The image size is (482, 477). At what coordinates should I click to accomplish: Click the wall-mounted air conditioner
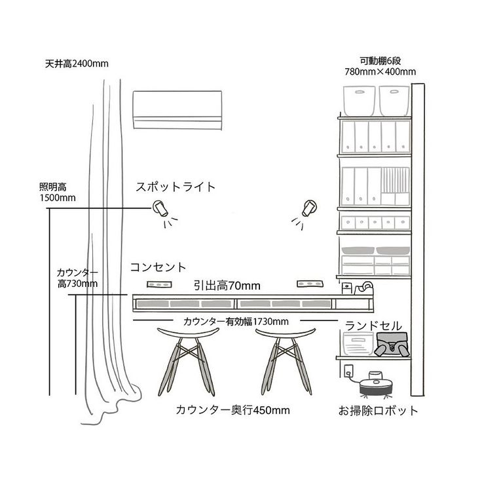(x=177, y=110)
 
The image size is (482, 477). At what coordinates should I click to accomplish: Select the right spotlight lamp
(x=309, y=208)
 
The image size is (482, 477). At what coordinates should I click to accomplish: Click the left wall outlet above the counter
(x=159, y=284)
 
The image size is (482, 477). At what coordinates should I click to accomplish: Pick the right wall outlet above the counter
(x=310, y=284)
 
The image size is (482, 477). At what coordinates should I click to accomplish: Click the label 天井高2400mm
(x=77, y=64)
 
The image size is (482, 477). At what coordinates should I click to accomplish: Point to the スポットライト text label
(x=176, y=187)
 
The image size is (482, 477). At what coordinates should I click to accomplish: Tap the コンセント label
(x=158, y=267)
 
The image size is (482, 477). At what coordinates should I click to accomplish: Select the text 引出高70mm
(x=227, y=286)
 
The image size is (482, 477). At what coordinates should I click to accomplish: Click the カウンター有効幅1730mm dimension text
(x=236, y=322)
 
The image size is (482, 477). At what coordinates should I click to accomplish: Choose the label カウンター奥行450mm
(x=232, y=410)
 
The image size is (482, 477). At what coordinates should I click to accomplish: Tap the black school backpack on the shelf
(x=392, y=345)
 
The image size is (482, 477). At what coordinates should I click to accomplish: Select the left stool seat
(x=188, y=334)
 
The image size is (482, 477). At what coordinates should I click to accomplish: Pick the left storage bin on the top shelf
(x=359, y=100)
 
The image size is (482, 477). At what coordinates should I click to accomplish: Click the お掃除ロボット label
(x=379, y=411)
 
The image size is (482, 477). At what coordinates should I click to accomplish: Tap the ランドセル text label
(x=373, y=326)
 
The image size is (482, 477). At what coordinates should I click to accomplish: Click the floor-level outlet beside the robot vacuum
(x=348, y=372)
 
